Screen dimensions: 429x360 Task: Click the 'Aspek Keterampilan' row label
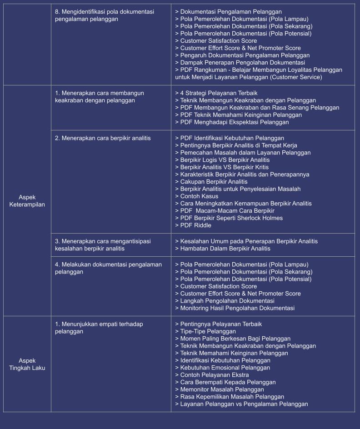pyautogui.click(x=27, y=201)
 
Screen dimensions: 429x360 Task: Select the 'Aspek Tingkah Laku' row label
pyautogui.click(x=27, y=364)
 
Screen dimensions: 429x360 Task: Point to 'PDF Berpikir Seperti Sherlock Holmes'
pyautogui.click(x=231, y=218)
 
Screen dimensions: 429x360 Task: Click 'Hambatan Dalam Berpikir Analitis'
pyautogui.click(x=225, y=249)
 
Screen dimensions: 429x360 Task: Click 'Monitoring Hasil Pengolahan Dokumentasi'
pyautogui.click(x=237, y=308)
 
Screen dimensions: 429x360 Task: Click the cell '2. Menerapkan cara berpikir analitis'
pyautogui.click(x=103, y=138)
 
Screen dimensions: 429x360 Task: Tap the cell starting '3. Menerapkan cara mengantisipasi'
pyautogui.click(x=103, y=245)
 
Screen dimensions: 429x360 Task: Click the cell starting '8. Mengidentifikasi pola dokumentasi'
pyautogui.click(x=105, y=15)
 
